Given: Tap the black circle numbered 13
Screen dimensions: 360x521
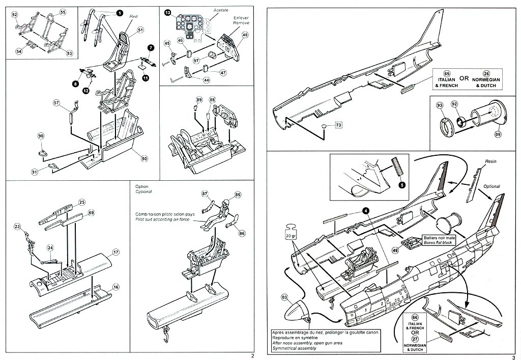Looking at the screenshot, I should click(167, 13).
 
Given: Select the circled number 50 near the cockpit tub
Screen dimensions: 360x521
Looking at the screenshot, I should click(144, 159).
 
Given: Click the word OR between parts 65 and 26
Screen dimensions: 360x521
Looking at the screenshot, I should click(464, 79).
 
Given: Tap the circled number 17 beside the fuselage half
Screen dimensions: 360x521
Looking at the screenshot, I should click(116, 252).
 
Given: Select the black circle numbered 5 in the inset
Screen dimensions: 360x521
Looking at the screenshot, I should click(402, 184).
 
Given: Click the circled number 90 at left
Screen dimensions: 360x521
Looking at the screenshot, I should click(41, 136).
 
